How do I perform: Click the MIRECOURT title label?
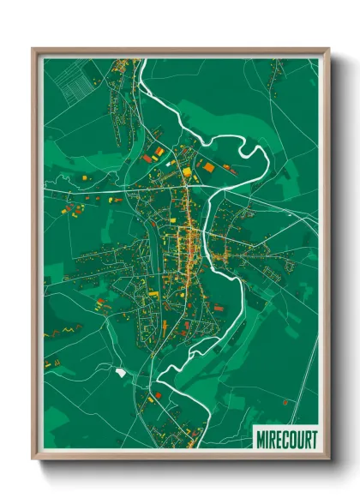pos(285,439)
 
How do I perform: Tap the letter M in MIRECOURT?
pos(261,439)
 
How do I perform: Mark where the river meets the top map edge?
pos(142,60)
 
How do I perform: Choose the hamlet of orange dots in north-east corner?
pos(274,81)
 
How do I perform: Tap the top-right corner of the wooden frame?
pos(328,49)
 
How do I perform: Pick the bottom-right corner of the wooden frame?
pos(328,459)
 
